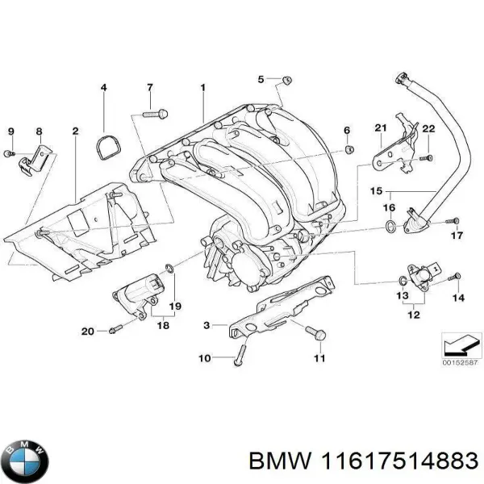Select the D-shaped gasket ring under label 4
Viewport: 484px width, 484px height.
pyautogui.click(x=106, y=146)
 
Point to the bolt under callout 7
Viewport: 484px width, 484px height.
pyautogui.click(x=154, y=115)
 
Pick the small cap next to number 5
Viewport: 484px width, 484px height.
pyautogui.click(x=286, y=80)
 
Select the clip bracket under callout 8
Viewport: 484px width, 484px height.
pyautogui.click(x=31, y=162)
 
